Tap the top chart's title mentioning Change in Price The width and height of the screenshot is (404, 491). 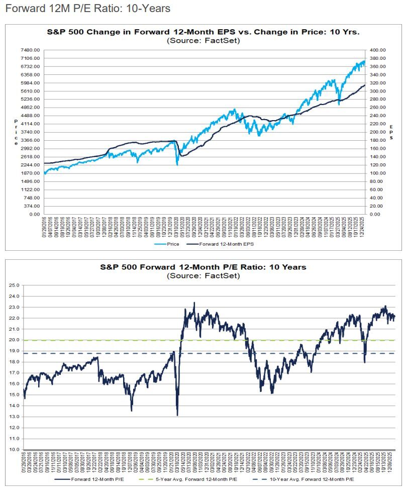(x=203, y=32)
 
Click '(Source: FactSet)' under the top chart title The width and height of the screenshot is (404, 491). (x=203, y=40)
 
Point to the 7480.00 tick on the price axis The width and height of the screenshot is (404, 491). (x=30, y=50)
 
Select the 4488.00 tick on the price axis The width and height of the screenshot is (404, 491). (x=30, y=116)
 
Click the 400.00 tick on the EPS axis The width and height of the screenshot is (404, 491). (x=377, y=50)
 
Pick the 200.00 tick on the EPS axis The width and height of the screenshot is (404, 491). (x=377, y=132)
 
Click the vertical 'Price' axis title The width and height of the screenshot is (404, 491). (x=16, y=132)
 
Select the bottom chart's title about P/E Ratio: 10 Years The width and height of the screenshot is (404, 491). (x=203, y=267)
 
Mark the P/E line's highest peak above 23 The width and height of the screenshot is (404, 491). (x=194, y=303)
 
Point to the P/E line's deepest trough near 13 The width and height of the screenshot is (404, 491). (x=177, y=415)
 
